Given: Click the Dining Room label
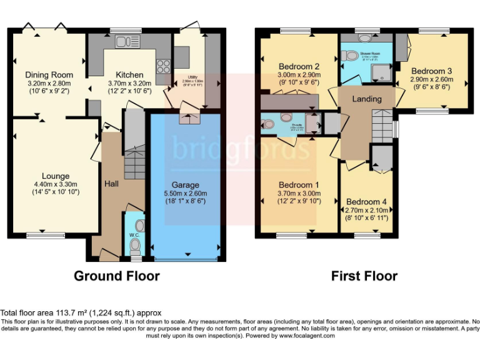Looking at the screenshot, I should pyautogui.click(x=44, y=76).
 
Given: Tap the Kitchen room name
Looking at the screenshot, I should pyautogui.click(x=129, y=75).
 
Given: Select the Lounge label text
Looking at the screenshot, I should pyautogui.click(x=56, y=176).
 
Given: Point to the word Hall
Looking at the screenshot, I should pyautogui.click(x=111, y=184).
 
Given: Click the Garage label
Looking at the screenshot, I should pyautogui.click(x=186, y=185).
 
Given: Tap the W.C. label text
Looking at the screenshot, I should pyautogui.click(x=134, y=236).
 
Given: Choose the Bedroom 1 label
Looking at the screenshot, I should pyautogui.click(x=299, y=185).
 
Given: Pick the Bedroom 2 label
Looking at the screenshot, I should pyautogui.click(x=299, y=66).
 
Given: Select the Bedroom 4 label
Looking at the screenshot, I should pyautogui.click(x=366, y=202).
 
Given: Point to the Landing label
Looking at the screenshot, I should pyautogui.click(x=367, y=99).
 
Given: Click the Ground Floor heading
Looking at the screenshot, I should pyautogui.click(x=117, y=276).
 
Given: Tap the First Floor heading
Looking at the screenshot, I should pyautogui.click(x=364, y=276).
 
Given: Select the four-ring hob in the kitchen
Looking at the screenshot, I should pyautogui.click(x=164, y=66).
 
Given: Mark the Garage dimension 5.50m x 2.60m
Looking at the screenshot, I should pyautogui.click(x=186, y=193).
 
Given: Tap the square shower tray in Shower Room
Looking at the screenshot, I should pyautogui.click(x=381, y=74).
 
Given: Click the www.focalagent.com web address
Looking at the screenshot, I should pyautogui.click(x=307, y=336).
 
